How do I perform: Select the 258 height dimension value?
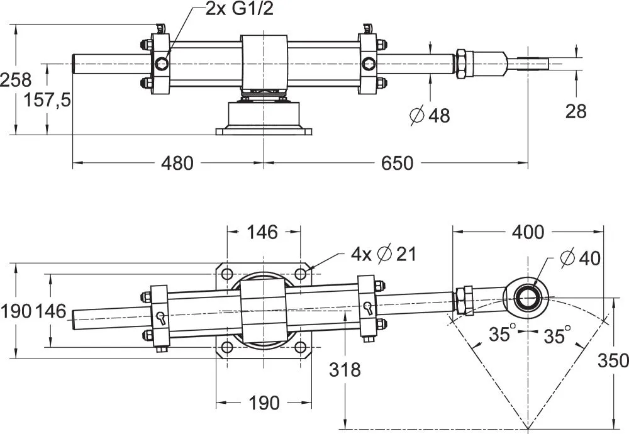pyautogui.click(x=15, y=80)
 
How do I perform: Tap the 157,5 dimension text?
pyautogui.click(x=47, y=99)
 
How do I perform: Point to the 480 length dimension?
pyautogui.click(x=177, y=164)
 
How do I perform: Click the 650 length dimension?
pyautogui.click(x=398, y=164)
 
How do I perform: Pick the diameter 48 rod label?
pyautogui.click(x=430, y=115)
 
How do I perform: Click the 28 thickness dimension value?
pyautogui.click(x=575, y=111)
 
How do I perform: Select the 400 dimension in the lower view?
pyautogui.click(x=527, y=231)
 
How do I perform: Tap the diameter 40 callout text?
pyautogui.click(x=579, y=257)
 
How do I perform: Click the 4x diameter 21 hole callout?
pyautogui.click(x=384, y=255)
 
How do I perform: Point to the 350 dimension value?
pyautogui.click(x=613, y=360)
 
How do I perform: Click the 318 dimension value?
pyautogui.click(x=345, y=369)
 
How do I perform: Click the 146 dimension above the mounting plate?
pyautogui.click(x=262, y=232)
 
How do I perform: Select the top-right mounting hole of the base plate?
pyautogui.click(x=301, y=274)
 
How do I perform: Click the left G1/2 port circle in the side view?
pyautogui.click(x=162, y=63)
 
